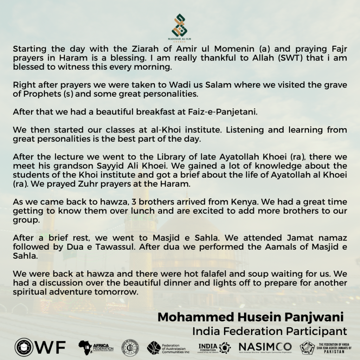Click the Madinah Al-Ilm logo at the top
pyautogui.click(x=180, y=26)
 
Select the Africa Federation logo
pyautogui.click(x=96, y=347)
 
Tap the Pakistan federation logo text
pyautogui.click(x=333, y=347)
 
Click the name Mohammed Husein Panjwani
pyautogui.click(x=250, y=317)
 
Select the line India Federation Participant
pyautogui.click(x=269, y=331)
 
